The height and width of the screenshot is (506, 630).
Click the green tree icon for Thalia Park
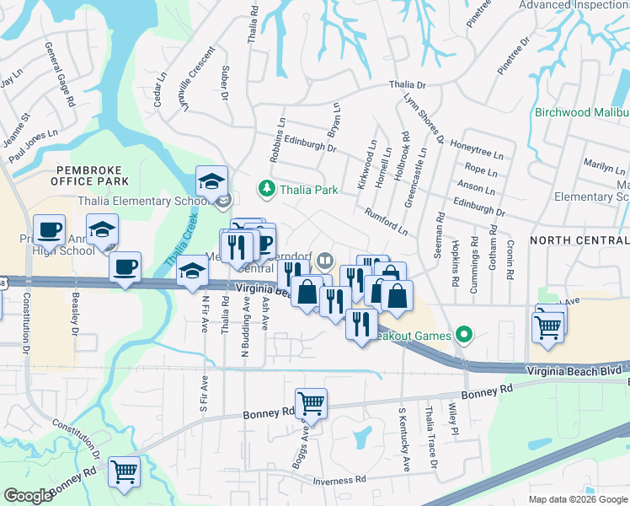tap(267, 189)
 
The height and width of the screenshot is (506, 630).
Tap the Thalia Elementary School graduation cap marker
tap(211, 180)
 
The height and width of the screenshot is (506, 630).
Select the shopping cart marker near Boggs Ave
tap(311, 404)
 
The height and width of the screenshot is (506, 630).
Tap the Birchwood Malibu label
tap(581, 112)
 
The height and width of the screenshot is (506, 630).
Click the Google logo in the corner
tap(28, 496)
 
